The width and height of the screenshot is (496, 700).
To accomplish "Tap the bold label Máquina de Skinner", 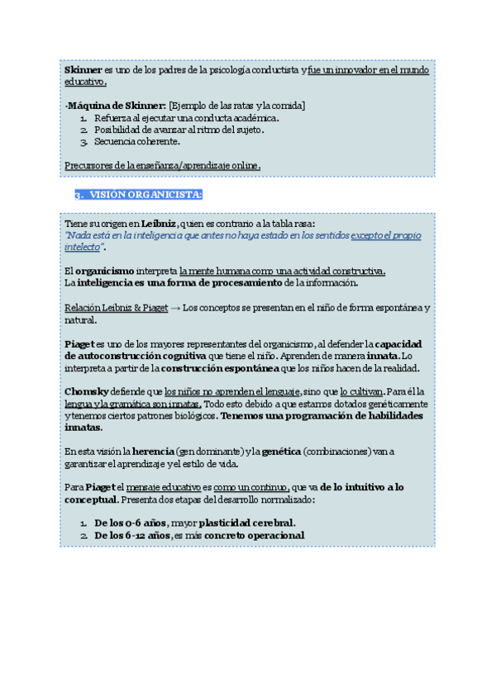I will tap(117, 106).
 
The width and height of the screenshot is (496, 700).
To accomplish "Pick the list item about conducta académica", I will tap(186, 118).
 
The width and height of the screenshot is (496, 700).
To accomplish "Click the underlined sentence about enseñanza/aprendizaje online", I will tap(162, 166).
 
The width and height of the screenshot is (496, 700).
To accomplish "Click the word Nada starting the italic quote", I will tap(78, 235).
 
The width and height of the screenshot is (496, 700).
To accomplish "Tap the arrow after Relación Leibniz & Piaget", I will tap(174, 308).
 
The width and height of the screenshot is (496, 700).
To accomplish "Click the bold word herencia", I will tap(153, 451).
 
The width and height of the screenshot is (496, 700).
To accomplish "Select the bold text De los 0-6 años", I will tap(130, 523).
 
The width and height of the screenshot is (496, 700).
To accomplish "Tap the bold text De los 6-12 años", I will tap(132, 535).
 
